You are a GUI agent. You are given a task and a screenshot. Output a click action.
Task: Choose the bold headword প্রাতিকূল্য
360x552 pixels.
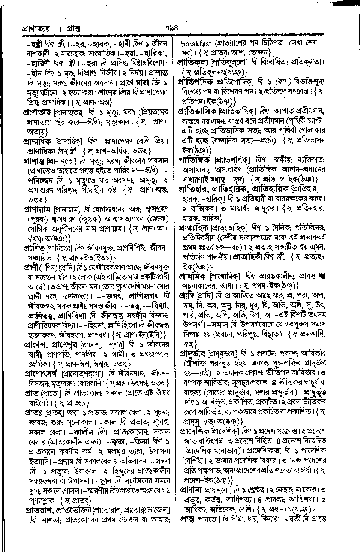[x=193, y=61]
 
